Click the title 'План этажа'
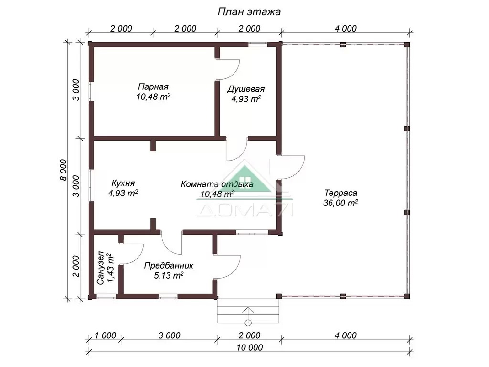(x=249, y=11)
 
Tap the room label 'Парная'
(x=153, y=86)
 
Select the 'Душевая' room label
(x=246, y=89)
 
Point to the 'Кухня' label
(x=123, y=183)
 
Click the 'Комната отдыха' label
(x=217, y=184)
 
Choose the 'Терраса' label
(x=340, y=193)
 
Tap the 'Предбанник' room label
(x=169, y=266)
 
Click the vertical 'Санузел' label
(x=100, y=268)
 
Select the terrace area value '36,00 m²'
(x=340, y=203)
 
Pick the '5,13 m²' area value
(x=169, y=275)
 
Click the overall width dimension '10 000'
(x=249, y=347)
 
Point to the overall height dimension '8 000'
(x=64, y=170)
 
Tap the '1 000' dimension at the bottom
(x=106, y=335)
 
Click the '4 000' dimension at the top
(x=346, y=28)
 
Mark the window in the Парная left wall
(x=91, y=91)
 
